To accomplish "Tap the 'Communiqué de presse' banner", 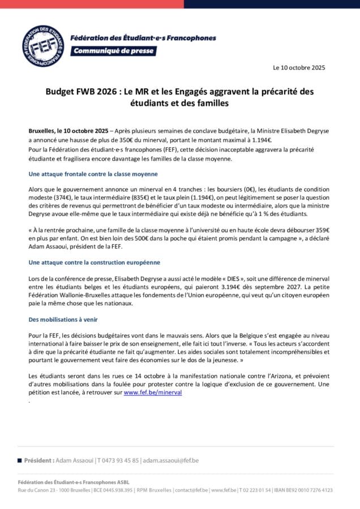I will tap(113, 51).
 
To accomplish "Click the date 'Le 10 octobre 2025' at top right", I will tap(299, 68).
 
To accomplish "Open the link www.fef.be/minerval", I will tap(153, 391).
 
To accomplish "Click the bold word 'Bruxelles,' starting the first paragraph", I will tap(42, 131).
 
